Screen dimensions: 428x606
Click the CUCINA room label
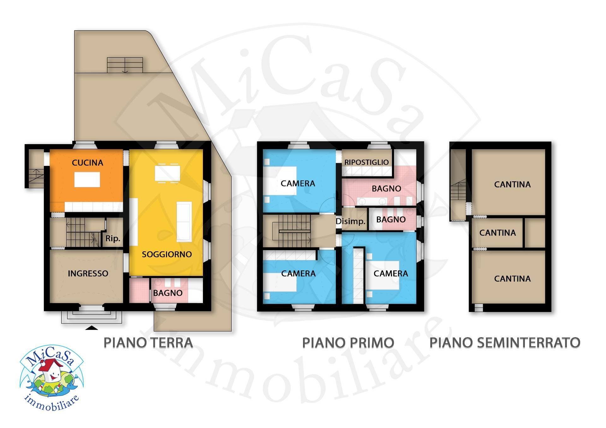point(87,163)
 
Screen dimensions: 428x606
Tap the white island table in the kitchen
point(87,179)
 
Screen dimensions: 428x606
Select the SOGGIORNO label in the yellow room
point(167,254)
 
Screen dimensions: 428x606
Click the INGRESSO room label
point(88,273)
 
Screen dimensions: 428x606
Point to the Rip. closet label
point(113,238)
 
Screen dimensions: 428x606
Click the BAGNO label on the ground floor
point(168,293)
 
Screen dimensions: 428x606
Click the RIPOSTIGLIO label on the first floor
point(366,162)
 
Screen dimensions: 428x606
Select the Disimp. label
point(350,221)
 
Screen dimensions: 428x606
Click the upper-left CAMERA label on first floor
point(298,183)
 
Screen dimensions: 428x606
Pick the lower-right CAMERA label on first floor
point(391,273)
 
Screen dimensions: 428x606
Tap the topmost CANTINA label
point(512,184)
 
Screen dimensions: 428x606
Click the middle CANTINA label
point(497,233)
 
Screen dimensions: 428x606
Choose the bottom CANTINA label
point(512,278)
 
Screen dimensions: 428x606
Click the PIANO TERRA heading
point(148,343)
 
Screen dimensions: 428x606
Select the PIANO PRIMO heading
point(348,343)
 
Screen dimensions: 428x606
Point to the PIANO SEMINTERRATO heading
point(505,343)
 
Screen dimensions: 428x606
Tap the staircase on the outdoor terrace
point(125,65)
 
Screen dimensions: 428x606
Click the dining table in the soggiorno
point(167,173)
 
